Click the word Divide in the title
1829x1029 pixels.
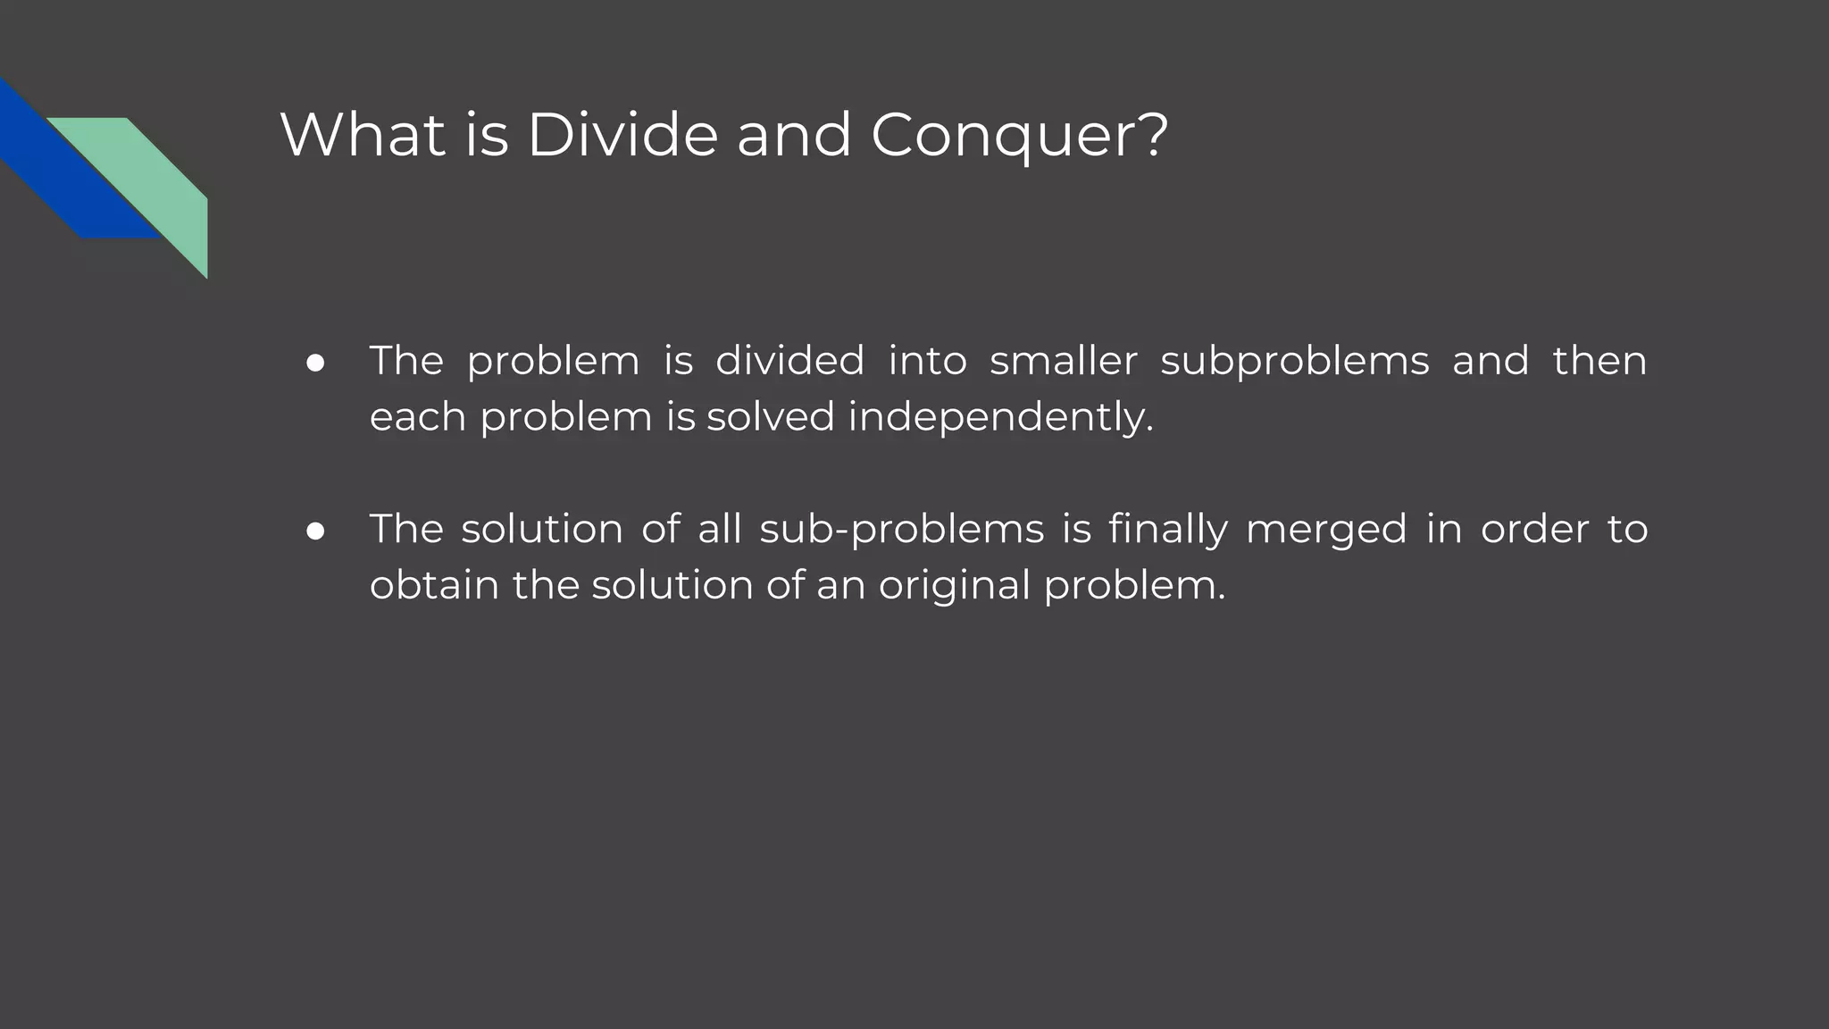[622, 136]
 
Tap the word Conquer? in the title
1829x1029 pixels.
[1019, 136]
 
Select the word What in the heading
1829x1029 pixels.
[363, 136]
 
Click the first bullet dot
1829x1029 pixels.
[315, 363]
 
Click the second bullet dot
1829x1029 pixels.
[315, 531]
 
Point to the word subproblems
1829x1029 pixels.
[1294, 362]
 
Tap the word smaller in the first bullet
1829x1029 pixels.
[1063, 361]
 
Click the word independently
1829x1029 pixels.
[1000, 417]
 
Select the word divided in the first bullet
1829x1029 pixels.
[789, 361]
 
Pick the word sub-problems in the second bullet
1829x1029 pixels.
[901, 530]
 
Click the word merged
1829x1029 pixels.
[1325, 530]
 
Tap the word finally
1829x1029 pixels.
[1167, 530]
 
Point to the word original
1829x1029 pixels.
[954, 586]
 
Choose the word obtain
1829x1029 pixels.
[434, 586]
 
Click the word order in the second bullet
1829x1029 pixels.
[1534, 530]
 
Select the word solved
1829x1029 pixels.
[770, 417]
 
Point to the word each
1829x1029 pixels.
[417, 417]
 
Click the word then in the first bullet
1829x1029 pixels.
[1599, 361]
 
